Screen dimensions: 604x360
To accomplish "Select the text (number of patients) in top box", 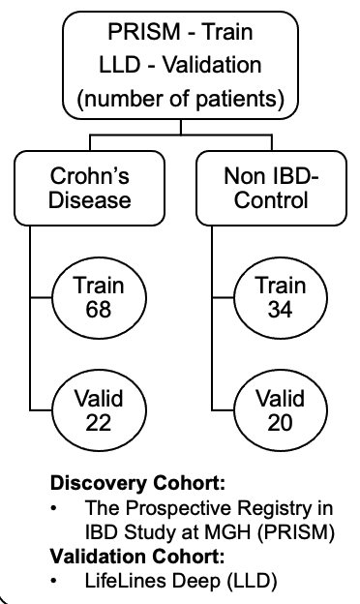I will pyautogui.click(x=179, y=100).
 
